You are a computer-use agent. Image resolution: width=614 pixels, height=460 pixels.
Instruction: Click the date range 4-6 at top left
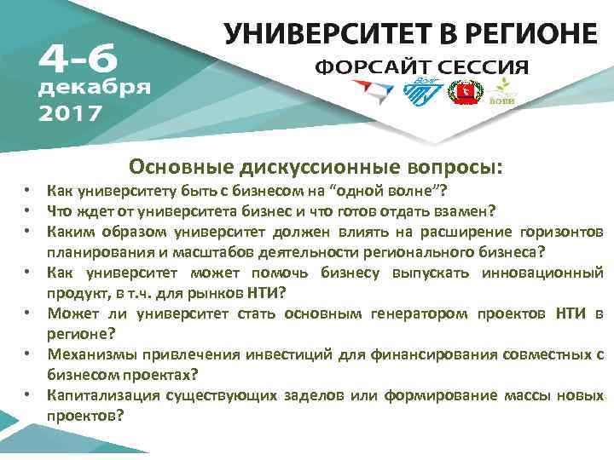74,57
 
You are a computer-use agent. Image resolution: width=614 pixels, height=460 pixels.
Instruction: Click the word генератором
420,313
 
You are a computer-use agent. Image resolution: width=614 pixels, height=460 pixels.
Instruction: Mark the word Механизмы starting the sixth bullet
84,354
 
